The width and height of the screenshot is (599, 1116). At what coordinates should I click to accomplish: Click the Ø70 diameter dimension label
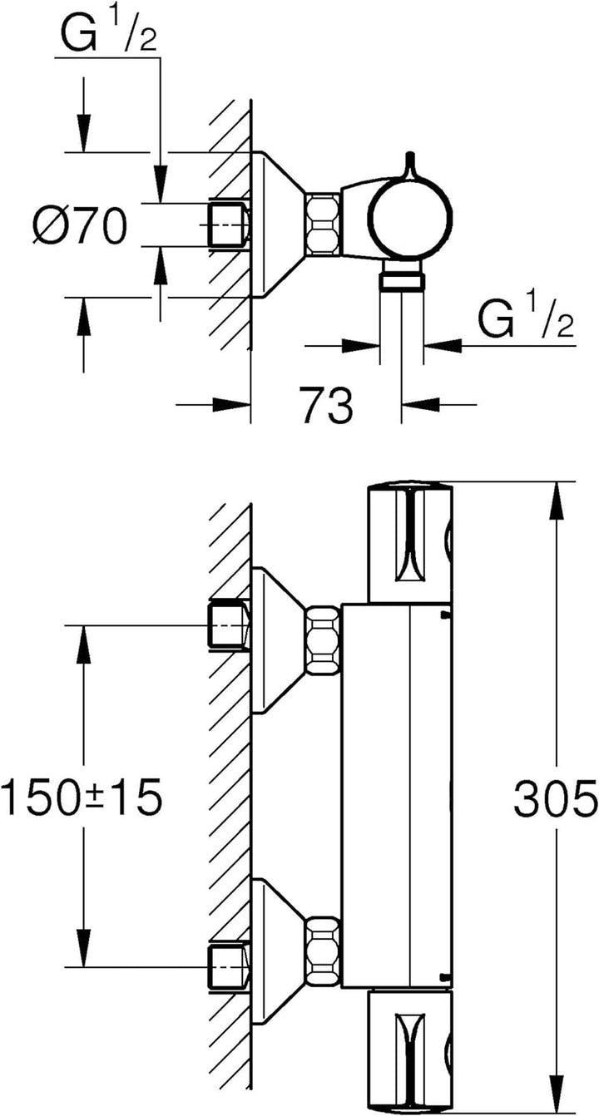click(x=80, y=225)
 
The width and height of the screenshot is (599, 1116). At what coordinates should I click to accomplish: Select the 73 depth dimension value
click(x=326, y=406)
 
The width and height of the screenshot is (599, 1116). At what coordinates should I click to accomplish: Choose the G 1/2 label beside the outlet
click(x=526, y=319)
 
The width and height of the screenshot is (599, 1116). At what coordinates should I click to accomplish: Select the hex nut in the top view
click(x=323, y=225)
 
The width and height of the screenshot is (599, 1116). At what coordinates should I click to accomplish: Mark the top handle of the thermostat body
click(x=411, y=541)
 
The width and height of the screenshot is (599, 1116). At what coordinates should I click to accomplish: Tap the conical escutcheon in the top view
click(x=279, y=225)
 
